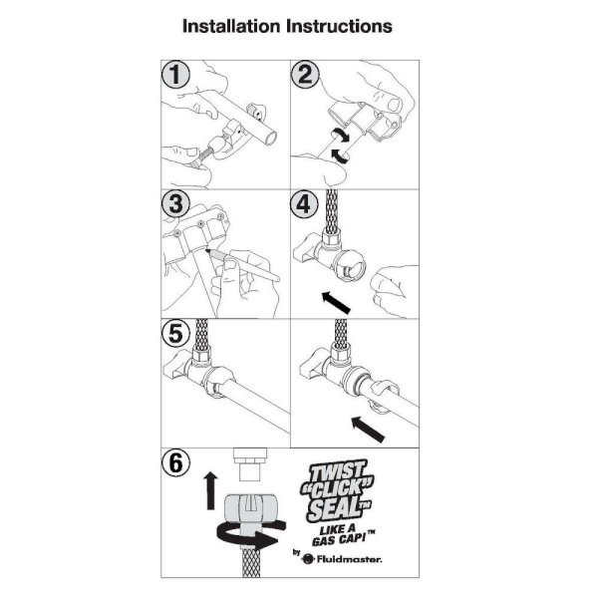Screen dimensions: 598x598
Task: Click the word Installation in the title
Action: point(231,26)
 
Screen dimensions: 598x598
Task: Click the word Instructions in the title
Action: point(339,26)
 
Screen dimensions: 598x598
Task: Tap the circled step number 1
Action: point(175,75)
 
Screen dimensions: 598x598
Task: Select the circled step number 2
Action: point(305,75)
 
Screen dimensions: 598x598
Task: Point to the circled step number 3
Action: point(175,203)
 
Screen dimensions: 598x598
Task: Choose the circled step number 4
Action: point(304,203)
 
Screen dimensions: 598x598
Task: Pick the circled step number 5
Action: point(175,333)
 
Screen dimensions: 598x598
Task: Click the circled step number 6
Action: point(175,463)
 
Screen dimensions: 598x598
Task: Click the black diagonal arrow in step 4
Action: point(336,302)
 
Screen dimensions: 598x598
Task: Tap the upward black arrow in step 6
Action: point(210,490)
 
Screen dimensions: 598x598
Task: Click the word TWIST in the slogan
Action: point(337,471)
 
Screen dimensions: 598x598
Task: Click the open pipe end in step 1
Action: point(270,138)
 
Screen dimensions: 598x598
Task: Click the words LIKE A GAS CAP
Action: point(342,535)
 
